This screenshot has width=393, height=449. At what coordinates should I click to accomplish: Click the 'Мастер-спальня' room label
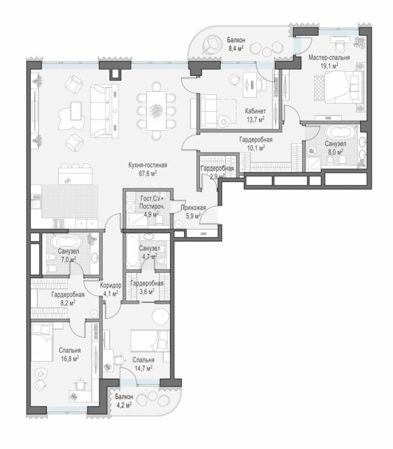click(329, 58)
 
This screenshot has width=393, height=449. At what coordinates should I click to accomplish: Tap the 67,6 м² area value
click(148, 173)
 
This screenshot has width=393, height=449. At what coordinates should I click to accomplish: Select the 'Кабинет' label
click(255, 111)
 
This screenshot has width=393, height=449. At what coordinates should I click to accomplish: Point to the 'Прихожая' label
click(193, 208)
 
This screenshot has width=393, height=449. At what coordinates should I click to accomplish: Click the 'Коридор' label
click(111, 285)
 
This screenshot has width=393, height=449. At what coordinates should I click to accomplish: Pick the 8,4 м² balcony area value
click(236, 48)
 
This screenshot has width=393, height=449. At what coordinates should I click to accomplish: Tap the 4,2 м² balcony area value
click(124, 405)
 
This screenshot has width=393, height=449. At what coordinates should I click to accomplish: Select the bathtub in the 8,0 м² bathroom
click(341, 132)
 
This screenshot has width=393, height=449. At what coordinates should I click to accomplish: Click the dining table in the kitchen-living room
click(157, 111)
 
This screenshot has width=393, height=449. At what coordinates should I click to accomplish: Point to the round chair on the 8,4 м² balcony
click(212, 44)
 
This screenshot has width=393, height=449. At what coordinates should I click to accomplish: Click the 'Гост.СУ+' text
click(152, 198)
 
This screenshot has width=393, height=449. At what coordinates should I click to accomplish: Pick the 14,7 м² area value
click(143, 368)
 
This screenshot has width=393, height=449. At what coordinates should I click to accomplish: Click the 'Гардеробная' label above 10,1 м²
click(256, 140)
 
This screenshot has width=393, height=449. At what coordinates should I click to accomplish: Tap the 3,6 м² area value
click(147, 291)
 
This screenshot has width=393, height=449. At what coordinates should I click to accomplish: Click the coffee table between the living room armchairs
click(76, 111)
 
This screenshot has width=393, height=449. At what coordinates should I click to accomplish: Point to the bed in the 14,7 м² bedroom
click(150, 341)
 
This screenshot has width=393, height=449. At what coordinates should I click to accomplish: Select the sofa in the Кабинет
click(208, 111)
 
